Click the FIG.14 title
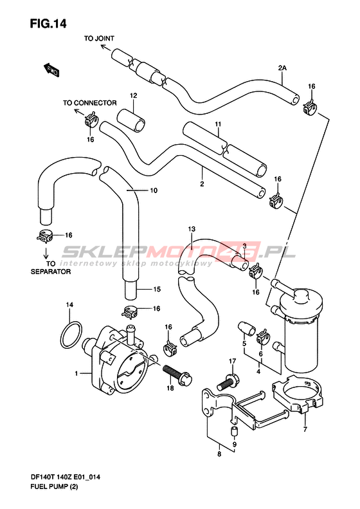[48, 23]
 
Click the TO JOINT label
[99, 39]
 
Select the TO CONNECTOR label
[89, 103]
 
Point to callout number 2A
[282, 68]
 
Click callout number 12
[133, 95]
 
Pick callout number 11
[218, 124]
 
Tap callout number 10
[154, 190]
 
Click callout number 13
[192, 229]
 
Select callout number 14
[69, 304]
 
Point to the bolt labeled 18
[177, 375]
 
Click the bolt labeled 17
[228, 382]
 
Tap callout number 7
[305, 429]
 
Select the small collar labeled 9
[234, 432]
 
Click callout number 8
[219, 454]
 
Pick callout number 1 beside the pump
[76, 373]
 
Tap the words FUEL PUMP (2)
[54, 486]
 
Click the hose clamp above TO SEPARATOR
[45, 236]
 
